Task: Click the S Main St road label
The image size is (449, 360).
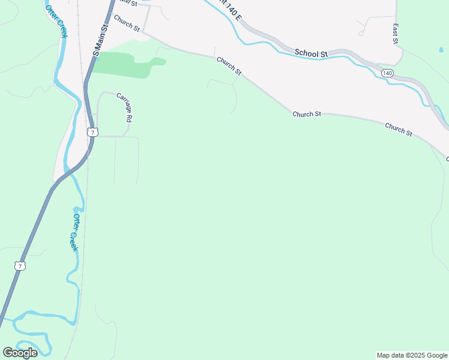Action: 100,41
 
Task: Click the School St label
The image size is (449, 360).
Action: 311,53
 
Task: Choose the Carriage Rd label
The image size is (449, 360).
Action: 124,107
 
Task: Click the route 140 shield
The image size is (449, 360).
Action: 387,73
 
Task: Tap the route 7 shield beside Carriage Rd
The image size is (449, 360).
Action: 91,131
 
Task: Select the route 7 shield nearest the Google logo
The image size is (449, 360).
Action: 21,265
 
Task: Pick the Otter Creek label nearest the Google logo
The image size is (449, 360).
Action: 75,232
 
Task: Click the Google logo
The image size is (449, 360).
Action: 20,353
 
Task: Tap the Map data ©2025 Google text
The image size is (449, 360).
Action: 412,355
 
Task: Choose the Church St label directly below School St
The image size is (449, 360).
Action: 308,113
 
